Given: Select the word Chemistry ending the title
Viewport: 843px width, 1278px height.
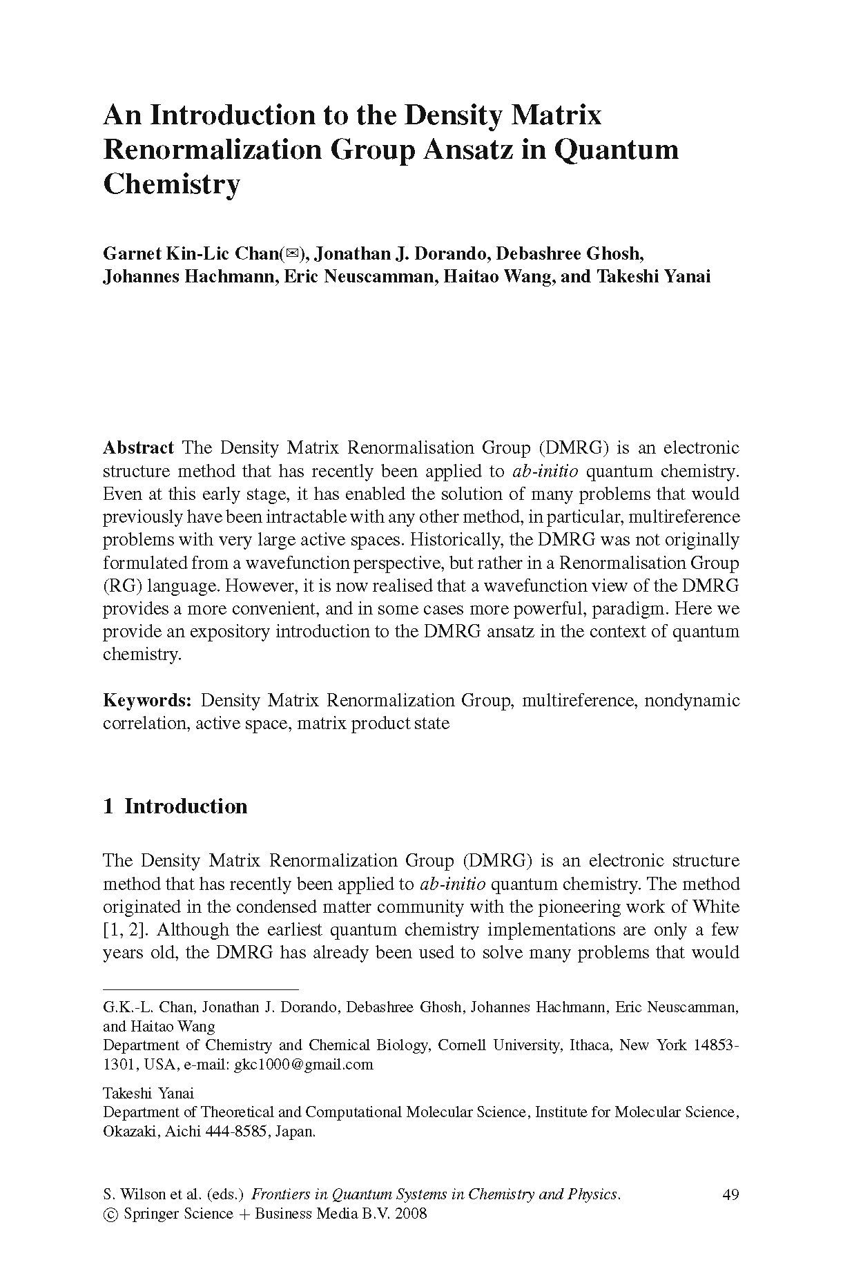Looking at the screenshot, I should pos(171,184).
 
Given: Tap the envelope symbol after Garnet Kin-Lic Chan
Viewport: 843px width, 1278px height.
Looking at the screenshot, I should pos(292,253).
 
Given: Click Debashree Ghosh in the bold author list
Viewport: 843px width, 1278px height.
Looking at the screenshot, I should pos(570,253).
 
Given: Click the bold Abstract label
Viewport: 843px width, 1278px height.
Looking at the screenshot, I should pos(138,447).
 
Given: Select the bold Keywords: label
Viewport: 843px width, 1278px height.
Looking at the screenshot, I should pos(147,700).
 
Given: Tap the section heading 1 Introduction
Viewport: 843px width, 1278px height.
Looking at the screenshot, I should pos(175,806).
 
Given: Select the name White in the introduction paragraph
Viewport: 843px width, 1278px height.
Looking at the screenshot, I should pos(715,907).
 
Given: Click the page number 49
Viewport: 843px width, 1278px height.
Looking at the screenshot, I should pos(730,1194).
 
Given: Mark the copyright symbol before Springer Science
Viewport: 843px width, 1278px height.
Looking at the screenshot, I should pos(110,1214).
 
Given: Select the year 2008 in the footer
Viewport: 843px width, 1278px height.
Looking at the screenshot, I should pos(411,1213).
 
